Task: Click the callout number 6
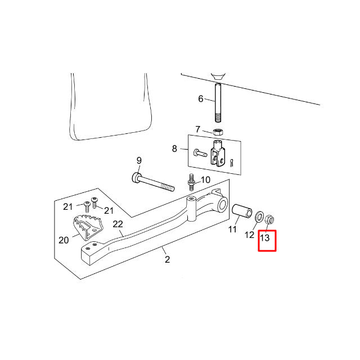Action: tap(201, 99)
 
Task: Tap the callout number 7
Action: tap(197, 129)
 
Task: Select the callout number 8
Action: tap(174, 148)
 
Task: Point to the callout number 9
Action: tap(139, 160)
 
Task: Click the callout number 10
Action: tap(205, 180)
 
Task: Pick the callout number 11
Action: tap(232, 229)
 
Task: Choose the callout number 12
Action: tap(250, 235)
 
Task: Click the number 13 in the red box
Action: tap(264, 237)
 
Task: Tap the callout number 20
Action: tap(64, 240)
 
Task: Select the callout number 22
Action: tap(118, 224)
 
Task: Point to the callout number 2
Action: tap(168, 259)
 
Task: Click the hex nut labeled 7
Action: tap(218, 132)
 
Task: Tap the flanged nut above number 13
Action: tap(269, 219)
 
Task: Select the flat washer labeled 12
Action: tap(260, 217)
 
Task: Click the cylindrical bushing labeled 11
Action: tap(242, 210)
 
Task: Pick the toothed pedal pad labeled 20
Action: tap(87, 227)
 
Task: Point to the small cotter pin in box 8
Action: tap(232, 163)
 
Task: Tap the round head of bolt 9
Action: tap(136, 178)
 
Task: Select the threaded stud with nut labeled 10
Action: tap(191, 182)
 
